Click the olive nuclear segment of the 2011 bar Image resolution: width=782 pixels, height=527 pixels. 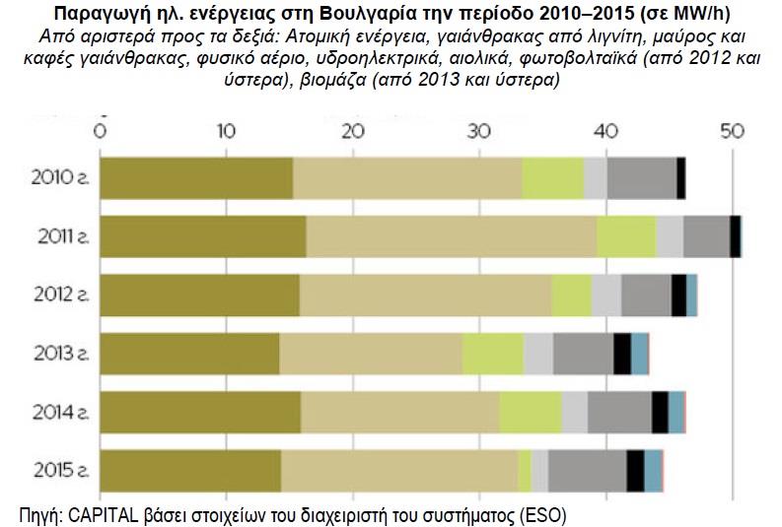tap(203, 236)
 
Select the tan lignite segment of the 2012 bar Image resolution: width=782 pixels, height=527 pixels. tap(425, 295)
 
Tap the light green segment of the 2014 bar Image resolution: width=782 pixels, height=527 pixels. tap(531, 412)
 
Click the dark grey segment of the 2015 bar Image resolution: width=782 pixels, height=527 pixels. tap(587, 470)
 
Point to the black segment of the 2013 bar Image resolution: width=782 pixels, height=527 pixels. tap(622, 354)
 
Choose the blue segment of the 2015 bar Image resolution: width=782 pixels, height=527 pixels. tap(653, 470)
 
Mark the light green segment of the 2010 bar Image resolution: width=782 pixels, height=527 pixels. tap(552, 178)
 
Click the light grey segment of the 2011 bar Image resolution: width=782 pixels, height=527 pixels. tap(670, 236)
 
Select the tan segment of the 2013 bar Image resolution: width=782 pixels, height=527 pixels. tap(371, 354)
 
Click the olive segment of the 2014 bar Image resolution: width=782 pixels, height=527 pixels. tap(200, 412)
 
